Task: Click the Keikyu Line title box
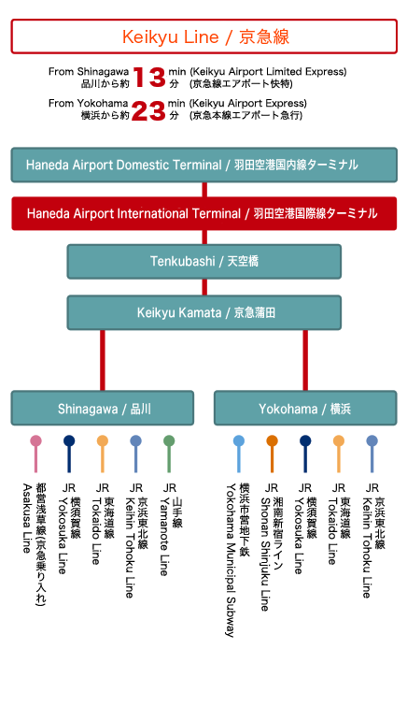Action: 203,36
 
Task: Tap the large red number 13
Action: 149,78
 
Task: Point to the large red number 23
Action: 148,110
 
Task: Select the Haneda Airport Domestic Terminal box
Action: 203,165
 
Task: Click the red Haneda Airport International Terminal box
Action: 203,213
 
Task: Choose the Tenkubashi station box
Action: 204,261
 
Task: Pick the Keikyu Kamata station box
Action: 204,312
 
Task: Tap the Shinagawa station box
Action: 103,408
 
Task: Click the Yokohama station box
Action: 305,408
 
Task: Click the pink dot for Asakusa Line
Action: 35,441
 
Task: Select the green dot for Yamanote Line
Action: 169,441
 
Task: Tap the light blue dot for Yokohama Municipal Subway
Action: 239,441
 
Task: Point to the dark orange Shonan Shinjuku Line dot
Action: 272,441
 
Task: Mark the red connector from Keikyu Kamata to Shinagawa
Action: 103,360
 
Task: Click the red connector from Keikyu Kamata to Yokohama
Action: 305,360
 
